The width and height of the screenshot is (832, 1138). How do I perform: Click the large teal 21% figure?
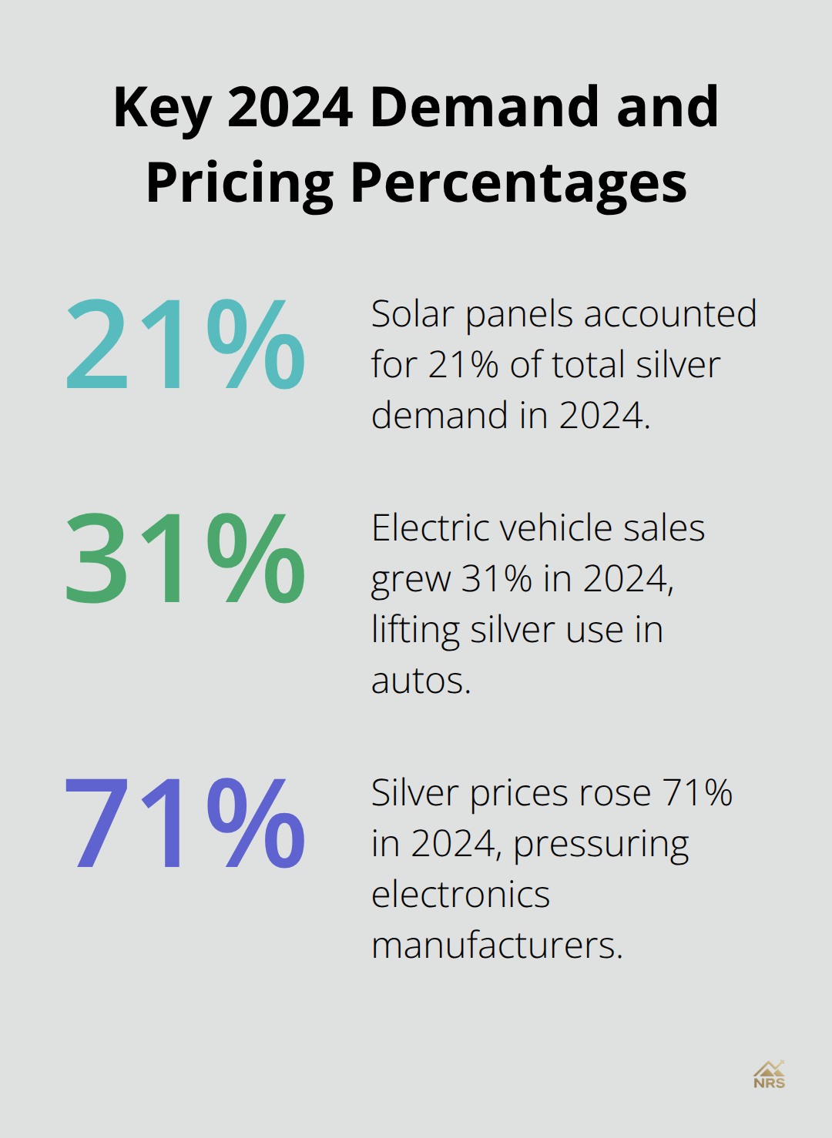coord(185,345)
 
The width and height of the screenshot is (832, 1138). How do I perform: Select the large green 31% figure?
coord(185,559)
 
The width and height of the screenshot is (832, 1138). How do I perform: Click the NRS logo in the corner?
coord(769,1075)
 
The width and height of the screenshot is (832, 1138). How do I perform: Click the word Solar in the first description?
coord(412,314)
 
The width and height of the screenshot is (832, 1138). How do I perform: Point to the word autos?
coord(421,681)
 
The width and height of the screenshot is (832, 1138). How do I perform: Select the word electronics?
coord(461,895)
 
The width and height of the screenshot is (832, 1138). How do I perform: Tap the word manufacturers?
coord(497,946)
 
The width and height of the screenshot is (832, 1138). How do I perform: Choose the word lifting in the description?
coord(415,630)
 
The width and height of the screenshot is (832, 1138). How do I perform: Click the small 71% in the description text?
coord(697,793)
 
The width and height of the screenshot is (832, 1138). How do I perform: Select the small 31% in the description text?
coord(496,579)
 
